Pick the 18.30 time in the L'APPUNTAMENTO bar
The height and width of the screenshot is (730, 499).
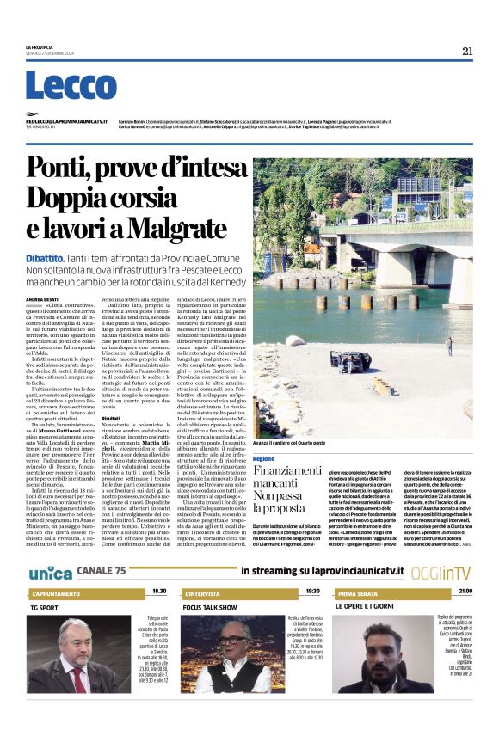pyautogui.click(x=159, y=592)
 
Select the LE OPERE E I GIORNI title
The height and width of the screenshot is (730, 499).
pyautogui.click(x=367, y=606)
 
